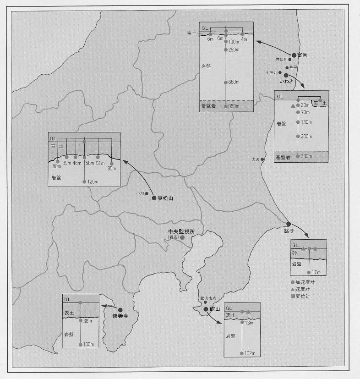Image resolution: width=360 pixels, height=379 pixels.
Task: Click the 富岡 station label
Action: tap(302, 55)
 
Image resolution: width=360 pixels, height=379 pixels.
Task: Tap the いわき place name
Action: tap(286, 81)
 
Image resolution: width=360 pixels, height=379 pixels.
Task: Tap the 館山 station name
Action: tap(215, 309)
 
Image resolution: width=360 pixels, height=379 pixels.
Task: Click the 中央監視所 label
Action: tap(181, 232)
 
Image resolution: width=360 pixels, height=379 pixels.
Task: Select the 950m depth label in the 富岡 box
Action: tap(234, 106)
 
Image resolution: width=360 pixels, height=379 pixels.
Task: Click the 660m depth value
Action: tap(234, 82)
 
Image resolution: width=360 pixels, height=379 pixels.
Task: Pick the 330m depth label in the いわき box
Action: tap(306, 156)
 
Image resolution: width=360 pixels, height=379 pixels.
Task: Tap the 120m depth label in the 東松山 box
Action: tap(93, 182)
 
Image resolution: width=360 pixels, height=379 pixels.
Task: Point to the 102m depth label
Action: tap(250, 354)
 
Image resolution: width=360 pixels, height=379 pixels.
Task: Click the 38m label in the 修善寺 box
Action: tap(89, 321)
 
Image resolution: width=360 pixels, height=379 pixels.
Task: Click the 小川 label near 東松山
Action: tap(139, 193)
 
